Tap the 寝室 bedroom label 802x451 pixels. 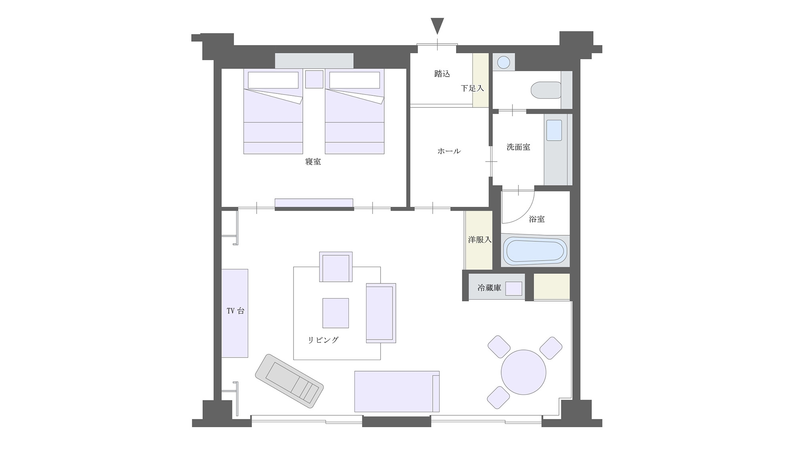(x=313, y=162)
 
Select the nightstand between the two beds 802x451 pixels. (x=314, y=79)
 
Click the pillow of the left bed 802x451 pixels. (x=273, y=80)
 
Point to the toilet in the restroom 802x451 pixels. (x=546, y=90)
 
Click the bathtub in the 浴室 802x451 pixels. (x=535, y=251)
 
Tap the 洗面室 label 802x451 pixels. (x=518, y=147)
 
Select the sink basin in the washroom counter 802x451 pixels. (x=554, y=130)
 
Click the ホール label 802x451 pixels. (x=449, y=151)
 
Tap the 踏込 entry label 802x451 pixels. (x=442, y=74)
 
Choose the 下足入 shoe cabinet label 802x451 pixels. (x=472, y=88)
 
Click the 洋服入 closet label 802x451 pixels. (x=480, y=240)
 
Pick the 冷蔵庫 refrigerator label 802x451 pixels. (x=489, y=288)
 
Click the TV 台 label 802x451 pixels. (x=235, y=311)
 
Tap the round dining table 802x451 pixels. (x=523, y=372)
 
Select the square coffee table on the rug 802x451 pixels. (x=336, y=313)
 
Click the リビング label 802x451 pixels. (x=323, y=340)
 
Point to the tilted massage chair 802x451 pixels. (x=289, y=381)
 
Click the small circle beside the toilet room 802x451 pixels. (x=504, y=63)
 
